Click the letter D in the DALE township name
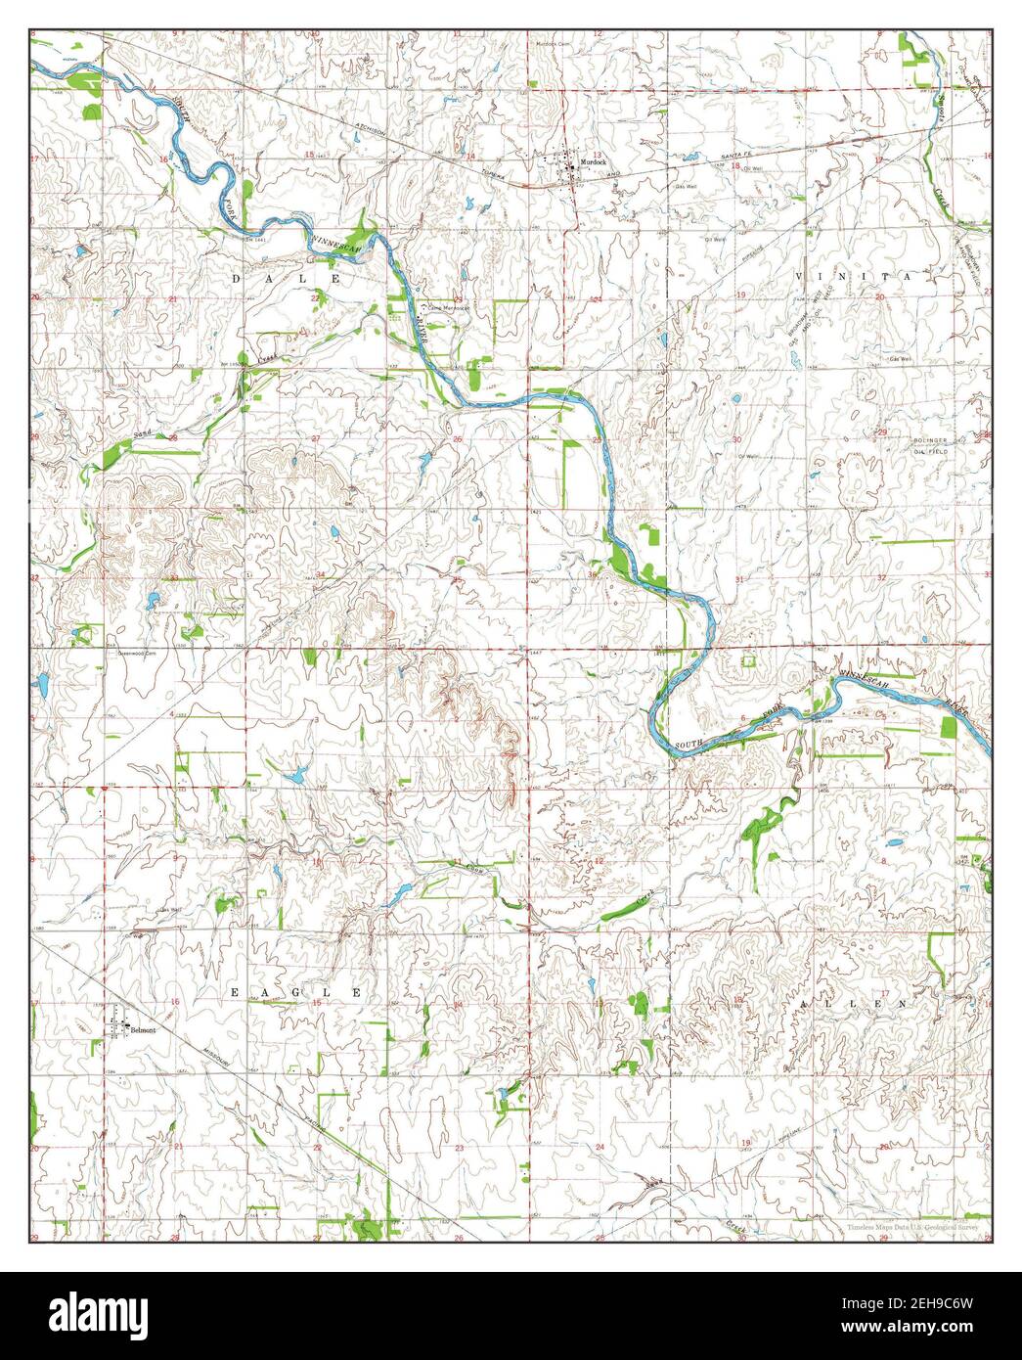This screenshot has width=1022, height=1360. (235, 279)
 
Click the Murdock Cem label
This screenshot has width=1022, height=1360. (552, 44)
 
